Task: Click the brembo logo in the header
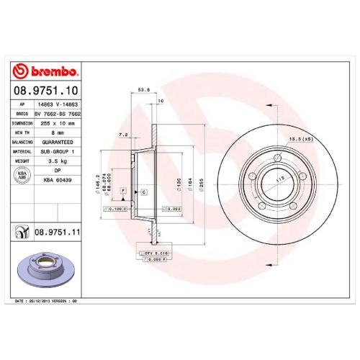pos(47,72)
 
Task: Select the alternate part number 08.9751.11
pos(56,231)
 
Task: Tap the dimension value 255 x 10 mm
pos(58,123)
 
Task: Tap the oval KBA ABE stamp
pos(22,178)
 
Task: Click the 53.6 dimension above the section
pos(143,91)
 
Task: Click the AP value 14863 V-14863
pos(57,104)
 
